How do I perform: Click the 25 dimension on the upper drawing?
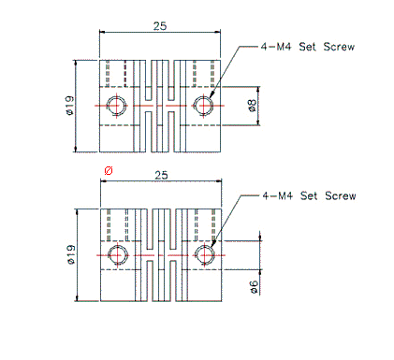pyautogui.click(x=160, y=26)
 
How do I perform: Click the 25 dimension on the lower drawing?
pyautogui.click(x=162, y=175)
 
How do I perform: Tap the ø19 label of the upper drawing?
pyautogui.click(x=70, y=106)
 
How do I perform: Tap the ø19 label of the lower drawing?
pyautogui.click(x=71, y=255)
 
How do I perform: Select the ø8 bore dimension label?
pyautogui.click(x=253, y=106)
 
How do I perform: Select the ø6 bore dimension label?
pyautogui.click(x=254, y=287)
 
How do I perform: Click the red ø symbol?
pyautogui.click(x=109, y=171)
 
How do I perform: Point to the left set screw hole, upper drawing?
pyautogui.click(x=117, y=106)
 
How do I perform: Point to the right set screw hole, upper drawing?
pyautogui.click(x=203, y=106)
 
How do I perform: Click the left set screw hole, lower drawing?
pyautogui.click(x=118, y=255)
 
